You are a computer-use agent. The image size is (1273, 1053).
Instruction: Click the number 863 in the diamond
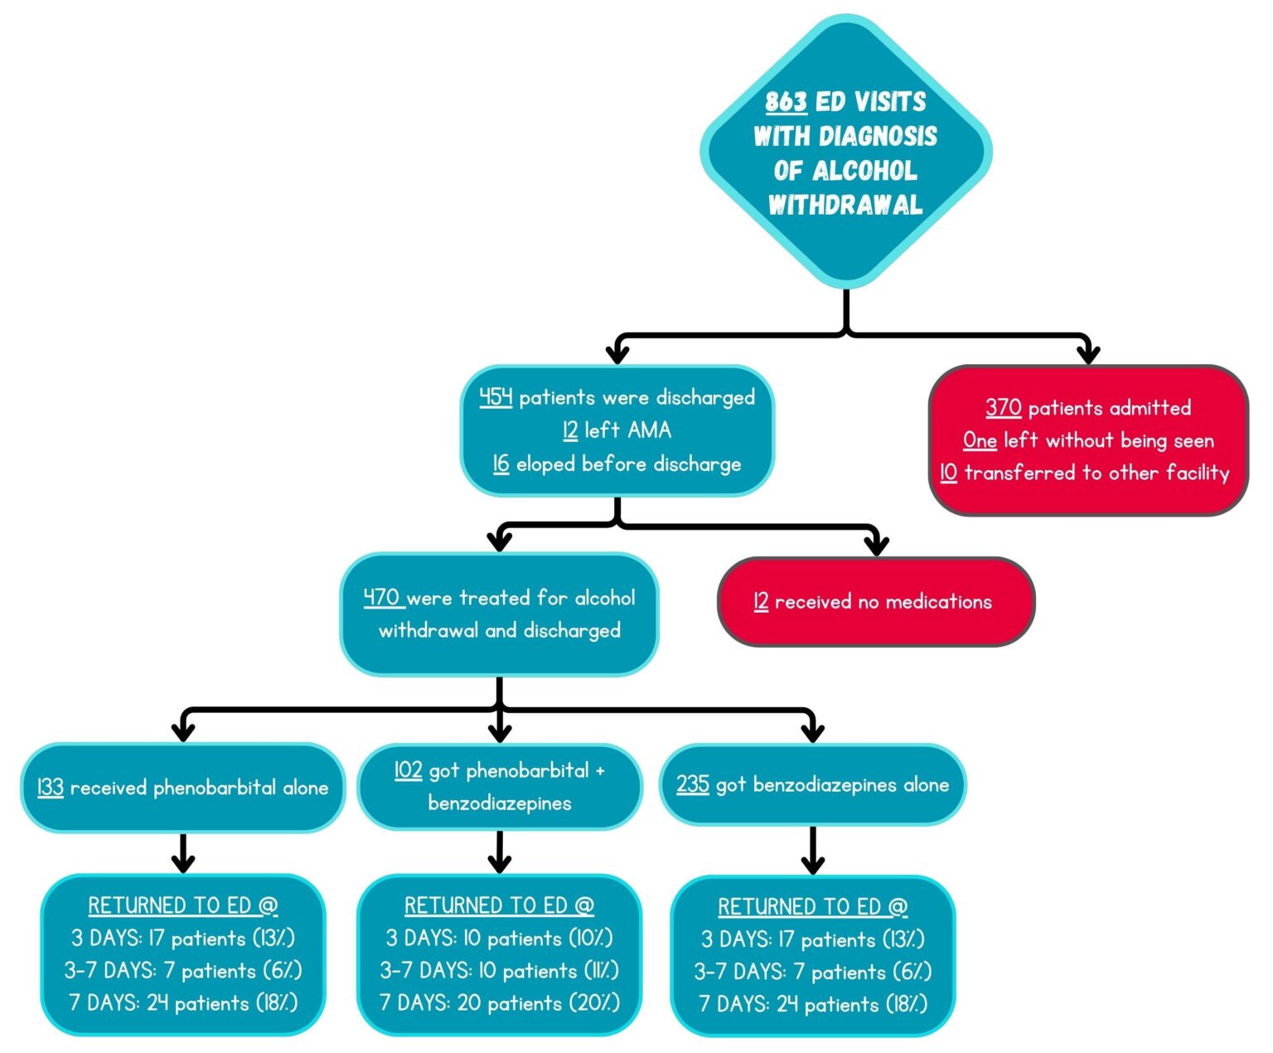(x=785, y=102)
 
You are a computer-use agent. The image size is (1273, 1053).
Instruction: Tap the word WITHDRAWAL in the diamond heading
(x=845, y=205)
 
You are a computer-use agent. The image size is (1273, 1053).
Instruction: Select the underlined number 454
(x=496, y=397)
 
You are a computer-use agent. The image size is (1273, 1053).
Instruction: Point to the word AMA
(x=649, y=430)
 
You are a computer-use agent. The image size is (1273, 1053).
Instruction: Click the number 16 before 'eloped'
(x=501, y=463)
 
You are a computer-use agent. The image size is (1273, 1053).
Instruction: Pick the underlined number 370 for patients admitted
(x=1003, y=407)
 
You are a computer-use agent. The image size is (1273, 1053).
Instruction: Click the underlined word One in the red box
(x=979, y=440)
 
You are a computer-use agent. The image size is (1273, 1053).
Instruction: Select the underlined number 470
(x=382, y=597)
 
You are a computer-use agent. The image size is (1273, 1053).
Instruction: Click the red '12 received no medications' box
(x=876, y=602)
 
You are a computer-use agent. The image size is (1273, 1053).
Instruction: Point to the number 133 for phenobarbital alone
(x=51, y=787)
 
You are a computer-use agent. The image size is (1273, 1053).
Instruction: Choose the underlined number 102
(x=408, y=770)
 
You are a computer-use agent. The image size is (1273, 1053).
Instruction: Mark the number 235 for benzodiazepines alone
(x=692, y=784)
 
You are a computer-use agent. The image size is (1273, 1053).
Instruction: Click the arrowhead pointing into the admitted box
(x=1088, y=353)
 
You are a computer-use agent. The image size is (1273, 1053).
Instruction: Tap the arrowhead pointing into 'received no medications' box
(x=876, y=545)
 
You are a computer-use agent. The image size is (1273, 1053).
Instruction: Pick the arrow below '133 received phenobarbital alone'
(x=183, y=853)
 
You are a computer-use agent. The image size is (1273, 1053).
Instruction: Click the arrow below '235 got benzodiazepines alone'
(x=812, y=853)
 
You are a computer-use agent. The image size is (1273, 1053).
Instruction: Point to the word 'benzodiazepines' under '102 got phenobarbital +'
(x=500, y=803)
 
